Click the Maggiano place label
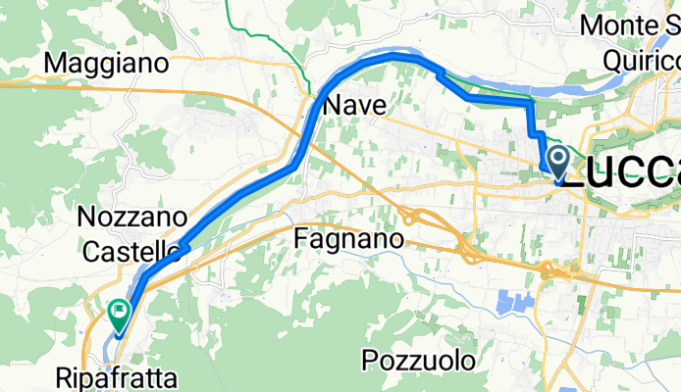point(108,63)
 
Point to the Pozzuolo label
point(419,360)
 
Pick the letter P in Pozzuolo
point(370,360)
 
